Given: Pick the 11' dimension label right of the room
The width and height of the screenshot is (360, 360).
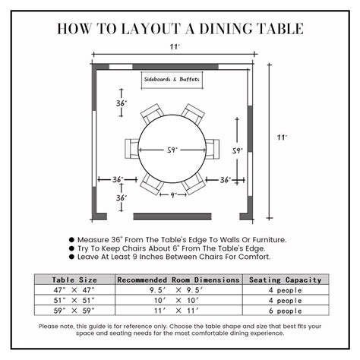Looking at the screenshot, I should point(282,137).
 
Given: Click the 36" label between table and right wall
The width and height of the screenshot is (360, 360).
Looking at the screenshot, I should point(226,180).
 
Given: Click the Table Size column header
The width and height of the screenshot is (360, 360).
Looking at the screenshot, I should point(74,279).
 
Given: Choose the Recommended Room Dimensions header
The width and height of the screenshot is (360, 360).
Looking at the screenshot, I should point(178,279).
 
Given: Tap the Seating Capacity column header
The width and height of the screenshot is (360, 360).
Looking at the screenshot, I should point(285,279).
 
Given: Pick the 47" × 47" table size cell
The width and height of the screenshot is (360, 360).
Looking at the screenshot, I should point(74,289).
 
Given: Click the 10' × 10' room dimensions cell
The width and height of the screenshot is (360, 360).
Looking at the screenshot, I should point(178,299).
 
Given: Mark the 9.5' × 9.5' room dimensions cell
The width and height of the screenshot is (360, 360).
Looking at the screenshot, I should point(178,289).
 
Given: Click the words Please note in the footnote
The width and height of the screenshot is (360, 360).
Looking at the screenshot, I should point(58,327).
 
